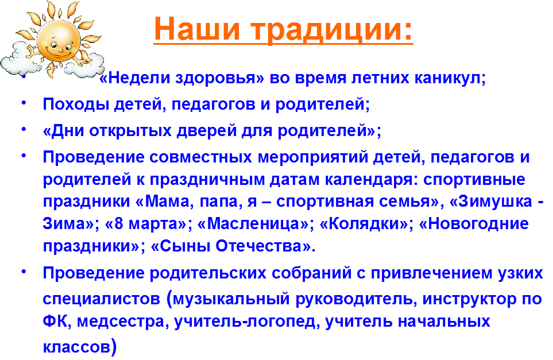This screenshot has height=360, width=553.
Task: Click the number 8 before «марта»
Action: [118, 224]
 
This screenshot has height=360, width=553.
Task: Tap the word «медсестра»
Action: [120, 322]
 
